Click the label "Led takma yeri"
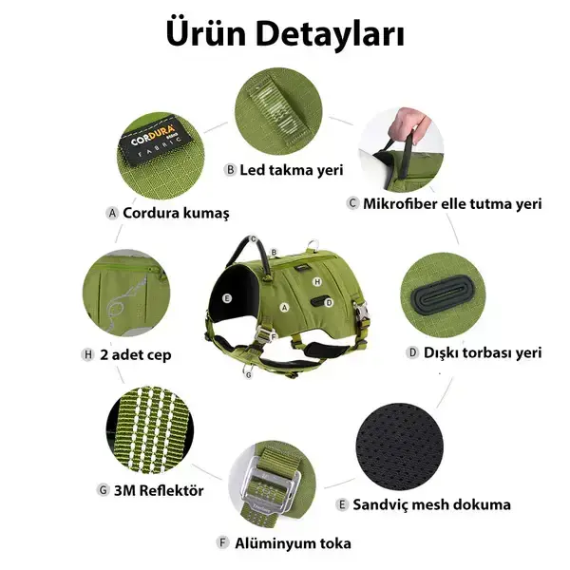[x=291, y=170]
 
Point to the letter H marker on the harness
[x=318, y=282]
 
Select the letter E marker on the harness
[x=227, y=297]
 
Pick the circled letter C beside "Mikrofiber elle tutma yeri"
[x=352, y=203]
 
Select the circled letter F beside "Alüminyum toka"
[x=223, y=543]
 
